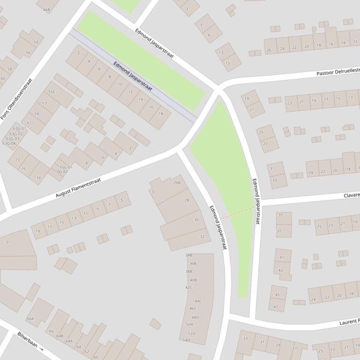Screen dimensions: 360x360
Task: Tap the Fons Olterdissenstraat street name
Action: click(17, 99)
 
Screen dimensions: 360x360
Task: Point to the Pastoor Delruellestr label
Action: click(338, 72)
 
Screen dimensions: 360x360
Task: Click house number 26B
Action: click(177, 183)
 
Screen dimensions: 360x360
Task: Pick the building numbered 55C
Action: click(51, 92)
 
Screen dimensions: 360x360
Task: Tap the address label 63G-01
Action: click(19, 128)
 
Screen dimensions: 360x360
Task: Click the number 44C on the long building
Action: click(198, 301)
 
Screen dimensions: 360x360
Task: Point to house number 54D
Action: click(186, 340)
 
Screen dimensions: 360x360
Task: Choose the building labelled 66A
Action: click(30, 319)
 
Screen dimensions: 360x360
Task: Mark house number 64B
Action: click(59, 336)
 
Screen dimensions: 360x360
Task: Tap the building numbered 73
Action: click(18, 160)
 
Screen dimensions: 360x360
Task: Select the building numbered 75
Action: click(24, 169)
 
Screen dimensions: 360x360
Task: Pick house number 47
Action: click(276, 307)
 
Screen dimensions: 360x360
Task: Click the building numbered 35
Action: click(280, 215)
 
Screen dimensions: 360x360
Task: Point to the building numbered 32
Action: click(202, 237)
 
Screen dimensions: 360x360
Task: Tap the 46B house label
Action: click(46, 9)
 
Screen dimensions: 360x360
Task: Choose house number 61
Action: click(29, 122)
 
